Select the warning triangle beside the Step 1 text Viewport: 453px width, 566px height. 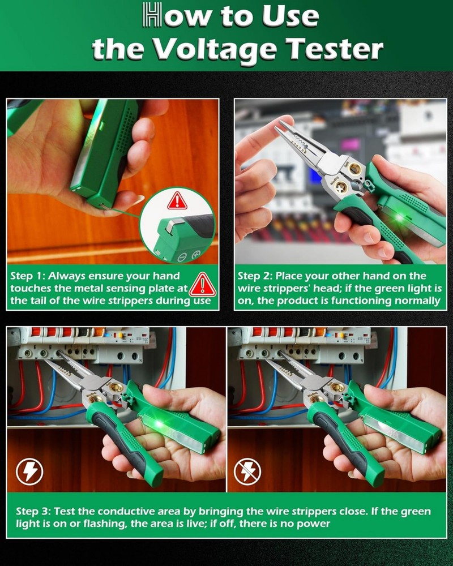pos(202,285)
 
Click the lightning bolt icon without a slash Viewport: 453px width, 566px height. pos(29,471)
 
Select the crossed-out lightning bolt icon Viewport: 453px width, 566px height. pos(247,471)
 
